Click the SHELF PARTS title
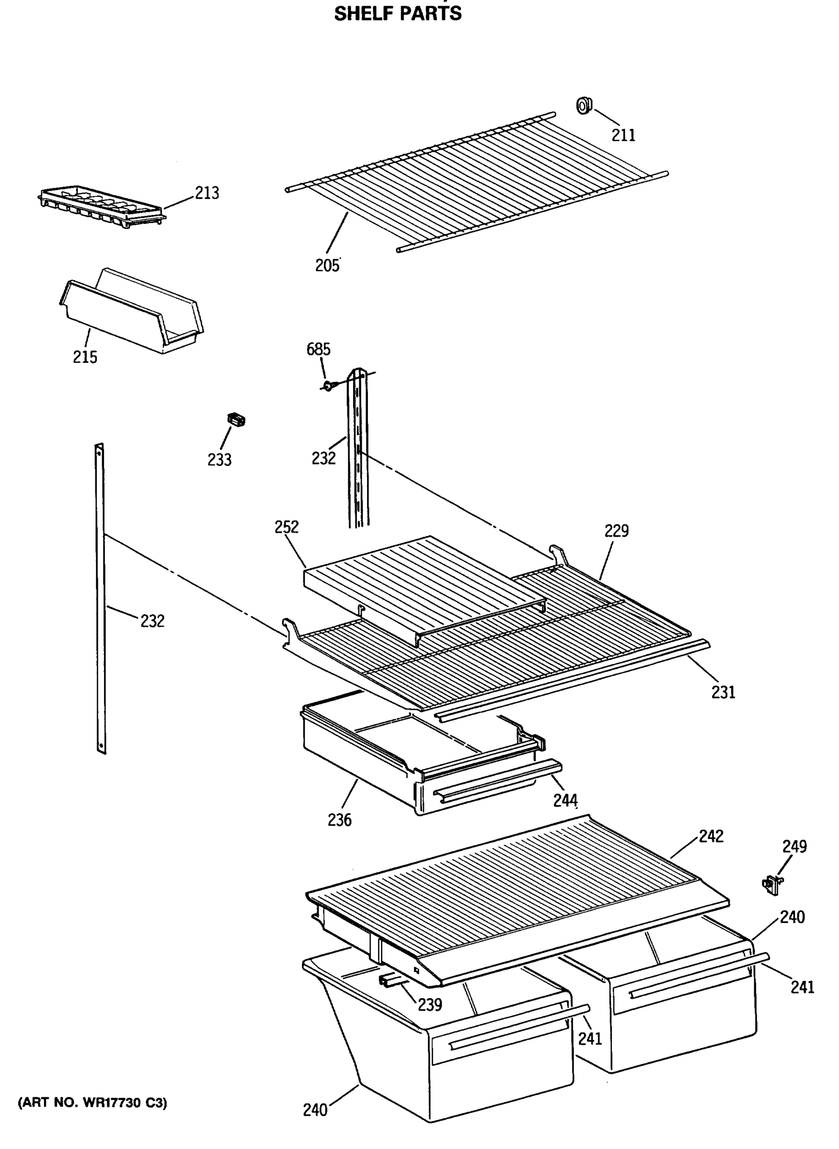tap(398, 14)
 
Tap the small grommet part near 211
tap(584, 105)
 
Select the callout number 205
tap(327, 265)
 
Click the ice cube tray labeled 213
tap(102, 205)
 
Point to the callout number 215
tap(85, 357)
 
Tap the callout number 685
tap(319, 349)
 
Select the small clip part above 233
tap(236, 420)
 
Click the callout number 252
tap(287, 527)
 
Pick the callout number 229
tap(616, 531)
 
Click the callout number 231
tap(723, 692)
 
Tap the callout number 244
tap(565, 800)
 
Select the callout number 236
tap(339, 820)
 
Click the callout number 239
tap(430, 1004)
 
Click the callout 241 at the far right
tap(802, 987)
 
